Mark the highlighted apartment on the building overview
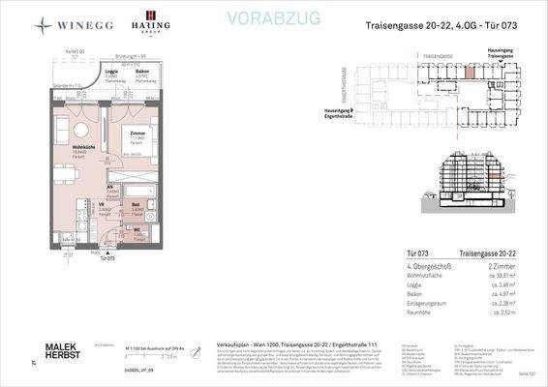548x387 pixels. click(x=471, y=71)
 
